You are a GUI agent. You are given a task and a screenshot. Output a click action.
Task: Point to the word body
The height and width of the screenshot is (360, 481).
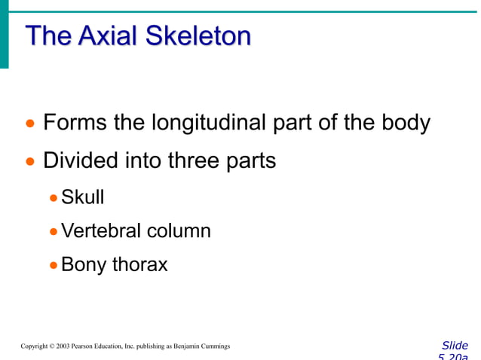(406, 123)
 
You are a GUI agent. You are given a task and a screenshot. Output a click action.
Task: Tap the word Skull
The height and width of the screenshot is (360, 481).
(82, 197)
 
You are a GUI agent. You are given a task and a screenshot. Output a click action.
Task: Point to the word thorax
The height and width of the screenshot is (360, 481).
(139, 264)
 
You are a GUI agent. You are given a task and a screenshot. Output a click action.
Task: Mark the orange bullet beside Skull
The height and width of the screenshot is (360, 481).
(53, 199)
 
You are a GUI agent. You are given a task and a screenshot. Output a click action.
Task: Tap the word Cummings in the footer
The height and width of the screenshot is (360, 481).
(215, 346)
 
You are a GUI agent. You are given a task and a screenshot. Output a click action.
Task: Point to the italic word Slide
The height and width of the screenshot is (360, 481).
(454, 346)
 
